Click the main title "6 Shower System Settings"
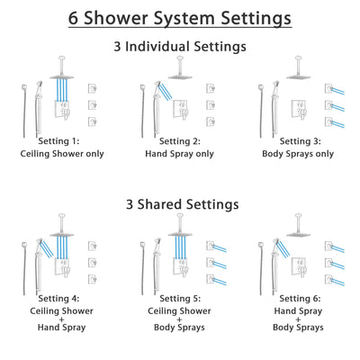[180, 17]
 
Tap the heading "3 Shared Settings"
[180, 204]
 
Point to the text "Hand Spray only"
[180, 153]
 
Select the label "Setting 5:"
[180, 303]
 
